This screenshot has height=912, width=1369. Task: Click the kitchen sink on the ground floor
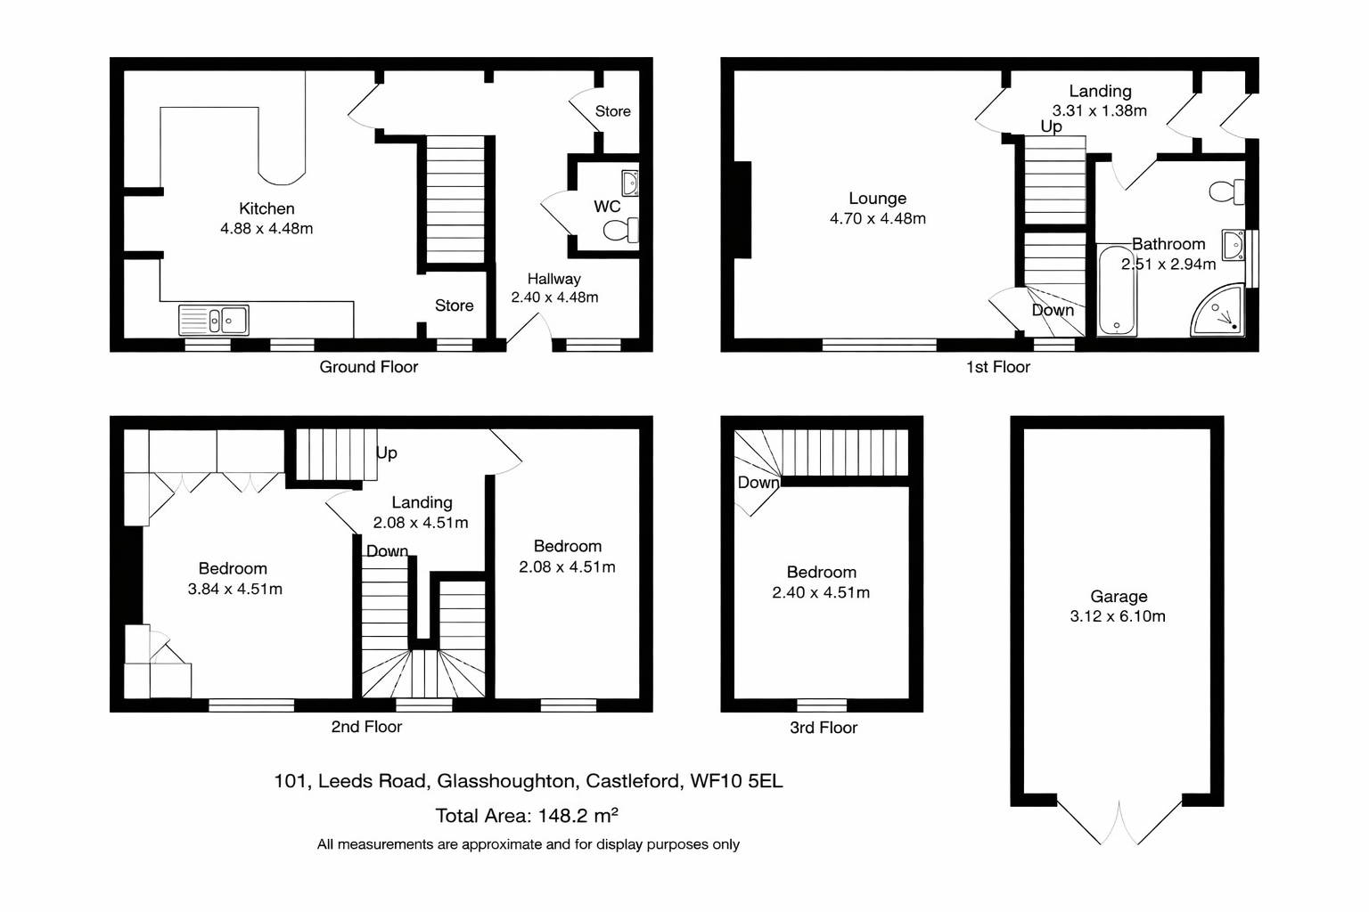[x=214, y=320]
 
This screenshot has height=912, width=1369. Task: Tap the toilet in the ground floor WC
[x=619, y=232]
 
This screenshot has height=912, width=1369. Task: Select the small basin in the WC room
[x=629, y=183]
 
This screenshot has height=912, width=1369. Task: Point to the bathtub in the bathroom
[x=1116, y=292]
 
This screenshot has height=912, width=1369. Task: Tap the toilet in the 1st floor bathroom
[x=1227, y=191]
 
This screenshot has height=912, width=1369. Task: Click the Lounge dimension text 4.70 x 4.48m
[x=877, y=219]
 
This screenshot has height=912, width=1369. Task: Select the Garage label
[x=1118, y=597]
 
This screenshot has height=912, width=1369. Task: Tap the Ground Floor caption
[x=368, y=367]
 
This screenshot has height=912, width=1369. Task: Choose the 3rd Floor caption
[x=823, y=728]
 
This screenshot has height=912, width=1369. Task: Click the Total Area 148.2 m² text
[x=526, y=815]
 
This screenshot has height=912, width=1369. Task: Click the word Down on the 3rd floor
[x=758, y=483]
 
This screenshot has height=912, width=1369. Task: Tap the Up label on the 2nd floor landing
[x=386, y=452]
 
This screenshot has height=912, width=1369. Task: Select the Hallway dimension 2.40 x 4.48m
[x=554, y=297]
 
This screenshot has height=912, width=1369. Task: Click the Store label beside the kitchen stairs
[x=454, y=305]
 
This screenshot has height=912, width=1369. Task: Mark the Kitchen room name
[x=266, y=208]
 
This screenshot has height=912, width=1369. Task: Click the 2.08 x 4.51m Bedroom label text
[x=567, y=567]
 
